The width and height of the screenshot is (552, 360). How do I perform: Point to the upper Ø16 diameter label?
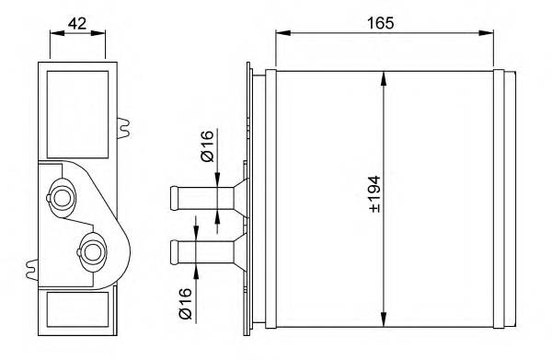[208, 146]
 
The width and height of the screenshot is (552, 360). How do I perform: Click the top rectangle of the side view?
[76, 99]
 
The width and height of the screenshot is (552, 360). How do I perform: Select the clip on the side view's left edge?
[32, 270]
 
